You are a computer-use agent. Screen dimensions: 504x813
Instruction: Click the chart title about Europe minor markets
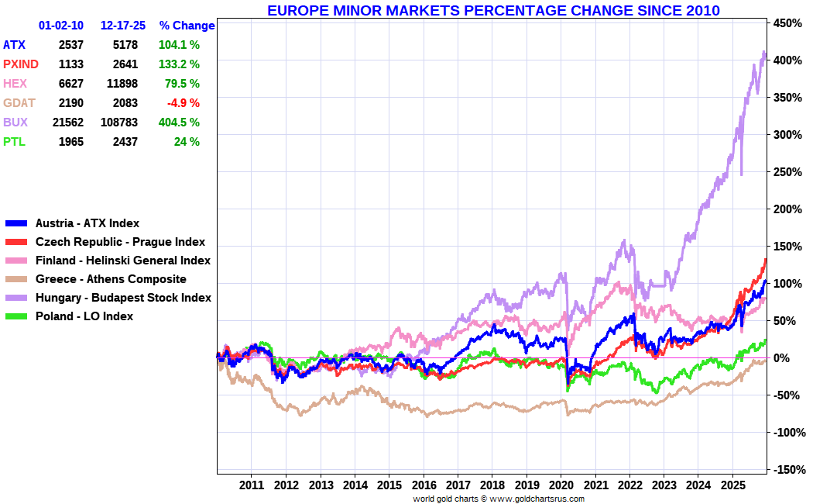pos(493,10)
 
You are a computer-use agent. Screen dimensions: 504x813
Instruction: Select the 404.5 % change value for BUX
pos(179,123)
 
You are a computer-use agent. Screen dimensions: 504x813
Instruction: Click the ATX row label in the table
pos(14,45)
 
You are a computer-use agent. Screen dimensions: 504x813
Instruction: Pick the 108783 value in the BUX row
pos(119,123)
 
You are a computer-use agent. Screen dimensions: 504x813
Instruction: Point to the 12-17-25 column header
pos(123,26)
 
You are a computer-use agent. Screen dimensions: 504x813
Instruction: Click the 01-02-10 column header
pos(61,26)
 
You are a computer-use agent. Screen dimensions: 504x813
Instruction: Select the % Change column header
pos(187,26)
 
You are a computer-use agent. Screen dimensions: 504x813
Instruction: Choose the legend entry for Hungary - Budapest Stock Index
pos(123,298)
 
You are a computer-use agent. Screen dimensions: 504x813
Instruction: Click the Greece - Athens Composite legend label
pos(111,279)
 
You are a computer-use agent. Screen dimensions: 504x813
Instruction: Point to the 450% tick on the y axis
pos(787,23)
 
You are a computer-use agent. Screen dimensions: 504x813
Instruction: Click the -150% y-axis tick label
pos(787,470)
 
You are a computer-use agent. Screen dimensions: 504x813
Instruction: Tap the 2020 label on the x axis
pos(561,485)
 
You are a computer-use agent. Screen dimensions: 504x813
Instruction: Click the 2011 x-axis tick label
pos(252,485)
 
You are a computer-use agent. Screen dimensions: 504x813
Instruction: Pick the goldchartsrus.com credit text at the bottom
pos(499,499)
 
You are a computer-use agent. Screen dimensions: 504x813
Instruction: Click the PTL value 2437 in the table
pos(125,142)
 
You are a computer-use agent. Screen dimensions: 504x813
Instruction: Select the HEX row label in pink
pos(15,84)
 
